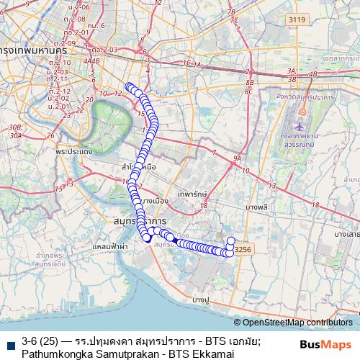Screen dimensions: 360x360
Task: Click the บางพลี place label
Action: pyautogui.click(x=257, y=207)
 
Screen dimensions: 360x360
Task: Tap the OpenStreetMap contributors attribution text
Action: pyautogui.click(x=297, y=323)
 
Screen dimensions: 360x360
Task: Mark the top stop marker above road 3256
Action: pyautogui.click(x=231, y=240)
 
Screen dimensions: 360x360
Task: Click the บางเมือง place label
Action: pyautogui.click(x=153, y=199)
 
